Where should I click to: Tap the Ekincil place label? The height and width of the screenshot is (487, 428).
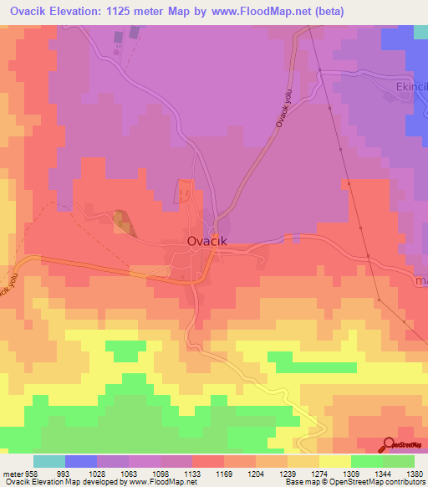[x=410, y=87]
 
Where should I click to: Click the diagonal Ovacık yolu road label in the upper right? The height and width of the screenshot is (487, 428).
[x=288, y=110]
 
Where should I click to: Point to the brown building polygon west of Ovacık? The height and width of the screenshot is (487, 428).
[x=122, y=222]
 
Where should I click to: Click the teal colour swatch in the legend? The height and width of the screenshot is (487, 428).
[x=49, y=461]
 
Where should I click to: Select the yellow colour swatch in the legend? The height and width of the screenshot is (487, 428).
[x=335, y=461]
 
